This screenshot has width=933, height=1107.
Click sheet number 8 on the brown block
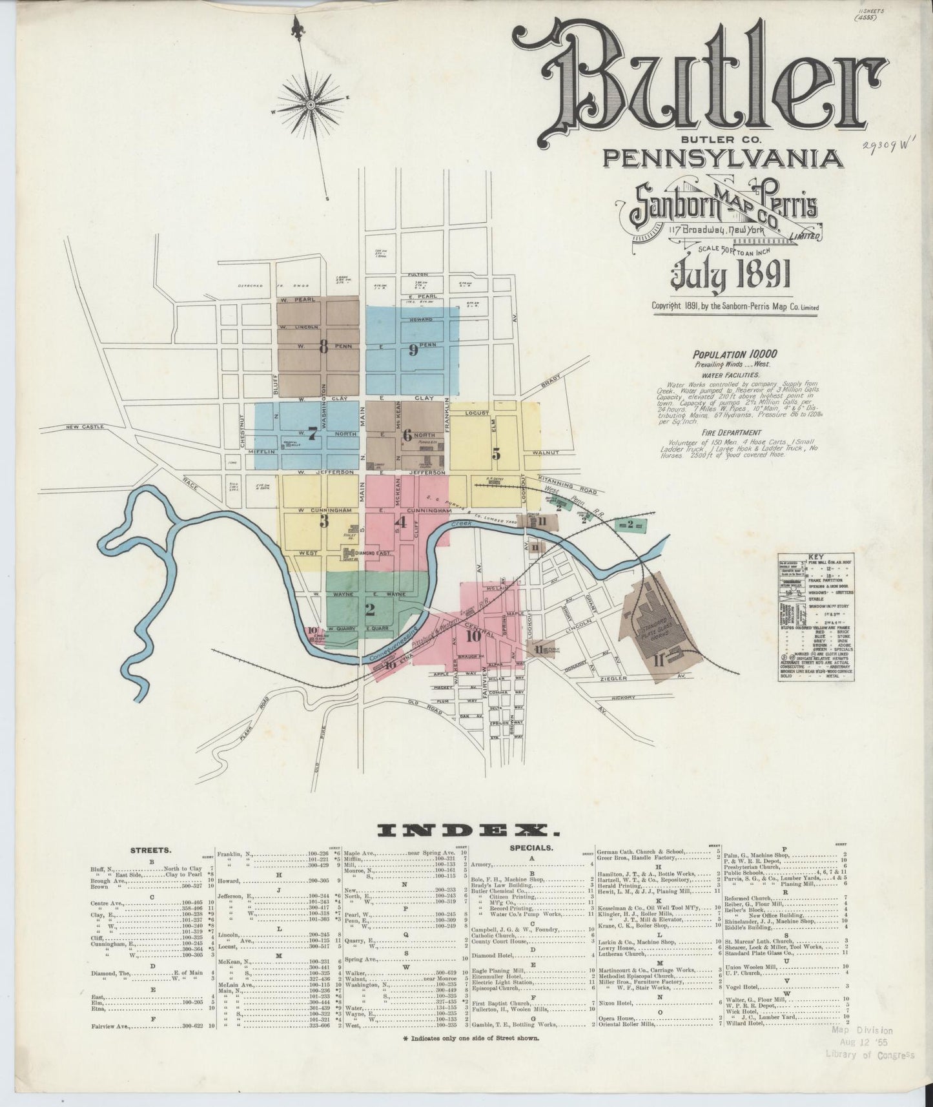tap(323, 346)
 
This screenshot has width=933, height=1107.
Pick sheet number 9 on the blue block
tap(413, 349)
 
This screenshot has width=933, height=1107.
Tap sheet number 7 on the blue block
tap(313, 434)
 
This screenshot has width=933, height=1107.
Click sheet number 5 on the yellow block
tap(496, 453)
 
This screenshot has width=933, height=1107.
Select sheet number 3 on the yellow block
tap(325, 521)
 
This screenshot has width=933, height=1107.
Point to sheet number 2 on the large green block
tap(370, 608)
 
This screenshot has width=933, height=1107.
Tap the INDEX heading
tap(466, 830)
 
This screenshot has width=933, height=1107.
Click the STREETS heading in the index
tap(150, 851)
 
